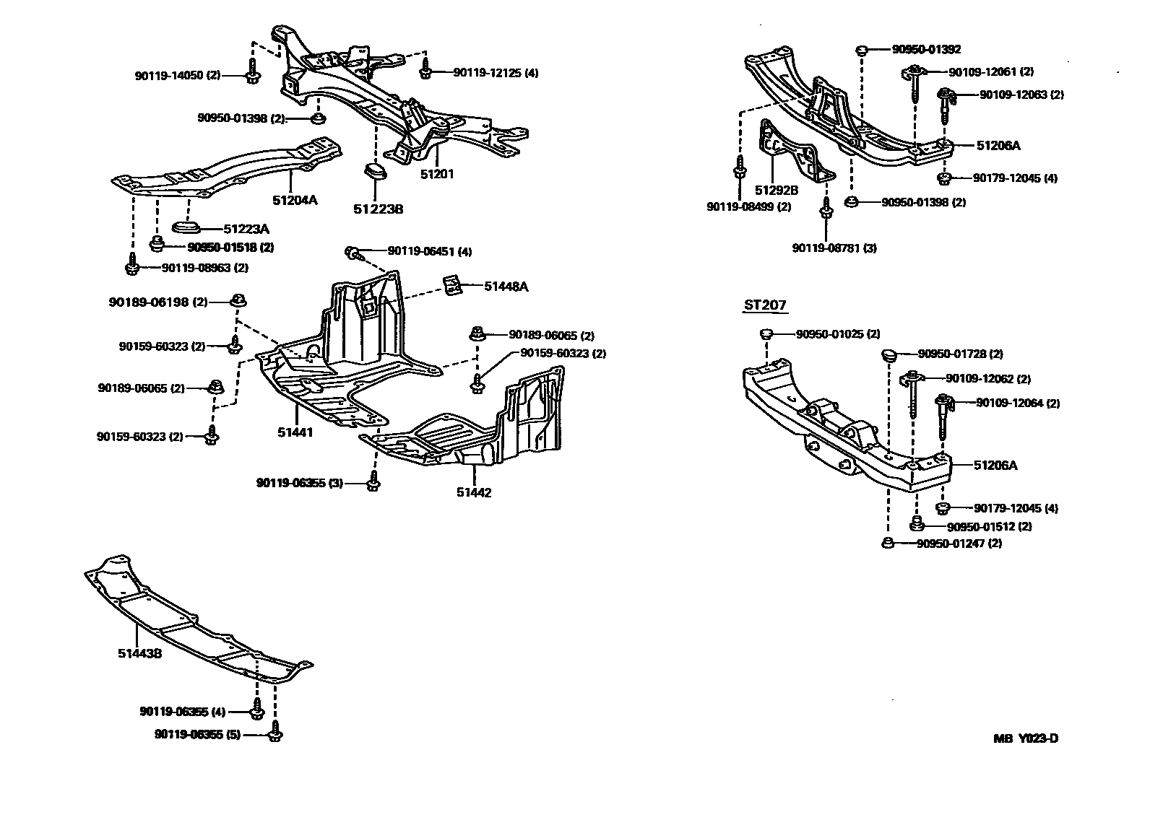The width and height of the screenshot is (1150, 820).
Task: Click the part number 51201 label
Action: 438,174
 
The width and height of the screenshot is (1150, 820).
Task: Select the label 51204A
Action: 295,200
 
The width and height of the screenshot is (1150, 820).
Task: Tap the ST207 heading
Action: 765,305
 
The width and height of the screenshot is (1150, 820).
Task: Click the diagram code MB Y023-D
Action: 1025,738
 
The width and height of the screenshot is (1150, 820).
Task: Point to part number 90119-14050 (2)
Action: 178,75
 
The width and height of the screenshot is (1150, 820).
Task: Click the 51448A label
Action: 506,287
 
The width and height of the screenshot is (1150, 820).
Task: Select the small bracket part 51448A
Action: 452,284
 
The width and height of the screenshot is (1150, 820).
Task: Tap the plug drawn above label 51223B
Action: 376,173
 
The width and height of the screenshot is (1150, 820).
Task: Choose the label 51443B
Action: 139,653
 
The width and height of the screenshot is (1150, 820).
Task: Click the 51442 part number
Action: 474,493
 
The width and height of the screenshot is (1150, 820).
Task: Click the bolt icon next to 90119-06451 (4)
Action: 353,252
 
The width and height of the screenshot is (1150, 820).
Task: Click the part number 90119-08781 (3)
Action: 834,248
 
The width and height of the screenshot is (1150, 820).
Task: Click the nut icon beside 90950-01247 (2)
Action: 887,544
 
